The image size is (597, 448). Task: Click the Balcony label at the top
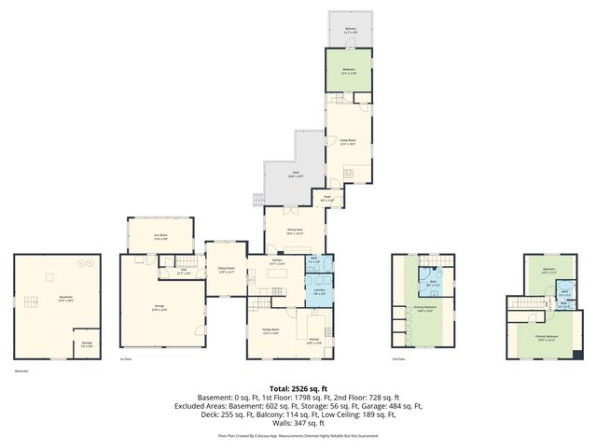click(351, 30)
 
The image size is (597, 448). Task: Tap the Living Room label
click(348, 143)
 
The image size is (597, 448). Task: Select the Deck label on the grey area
click(294, 174)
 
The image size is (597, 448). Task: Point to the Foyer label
click(327, 200)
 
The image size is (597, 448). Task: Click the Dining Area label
click(296, 232)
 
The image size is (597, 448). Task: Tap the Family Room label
click(270, 333)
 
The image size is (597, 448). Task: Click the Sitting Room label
click(226, 270)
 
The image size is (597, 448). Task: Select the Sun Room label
click(160, 236)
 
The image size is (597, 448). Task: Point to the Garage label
click(160, 309)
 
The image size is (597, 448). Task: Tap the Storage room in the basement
click(86, 343)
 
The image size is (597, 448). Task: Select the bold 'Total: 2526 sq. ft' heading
click(298, 387)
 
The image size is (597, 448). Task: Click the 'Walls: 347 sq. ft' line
click(298, 423)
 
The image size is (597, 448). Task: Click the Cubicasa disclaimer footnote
click(298, 436)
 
